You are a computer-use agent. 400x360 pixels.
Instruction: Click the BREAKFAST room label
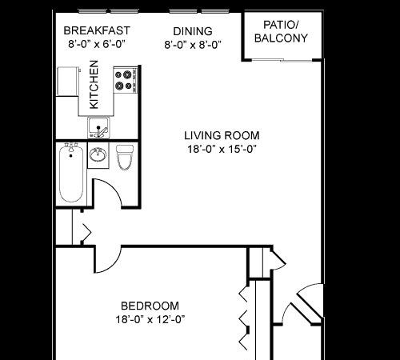click(x=97, y=30)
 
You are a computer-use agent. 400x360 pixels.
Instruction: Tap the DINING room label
click(x=193, y=31)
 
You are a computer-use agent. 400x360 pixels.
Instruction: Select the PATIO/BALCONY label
click(x=281, y=31)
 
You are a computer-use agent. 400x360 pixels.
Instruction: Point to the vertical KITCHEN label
click(x=94, y=85)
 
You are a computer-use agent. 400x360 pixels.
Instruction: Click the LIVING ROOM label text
click(x=222, y=135)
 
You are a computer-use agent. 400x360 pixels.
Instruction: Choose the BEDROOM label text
click(x=150, y=306)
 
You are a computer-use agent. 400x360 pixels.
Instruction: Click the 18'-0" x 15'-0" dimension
click(x=222, y=149)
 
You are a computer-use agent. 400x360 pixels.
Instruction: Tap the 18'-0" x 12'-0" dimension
click(x=150, y=319)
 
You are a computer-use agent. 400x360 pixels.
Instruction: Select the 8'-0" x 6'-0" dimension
click(x=97, y=44)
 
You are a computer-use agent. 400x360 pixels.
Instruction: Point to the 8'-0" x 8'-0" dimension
click(x=193, y=45)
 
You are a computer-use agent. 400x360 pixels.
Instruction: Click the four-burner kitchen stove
click(x=126, y=80)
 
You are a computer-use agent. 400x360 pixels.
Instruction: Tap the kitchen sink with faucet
click(x=98, y=127)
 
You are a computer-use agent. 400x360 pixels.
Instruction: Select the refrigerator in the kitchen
click(x=68, y=82)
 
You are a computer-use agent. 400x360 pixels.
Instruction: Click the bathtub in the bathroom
click(x=71, y=174)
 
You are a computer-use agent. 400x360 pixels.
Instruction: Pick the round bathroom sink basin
click(x=98, y=155)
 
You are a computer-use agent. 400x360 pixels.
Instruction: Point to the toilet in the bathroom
click(x=125, y=158)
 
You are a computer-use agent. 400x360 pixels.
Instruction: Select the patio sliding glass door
click(x=282, y=60)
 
